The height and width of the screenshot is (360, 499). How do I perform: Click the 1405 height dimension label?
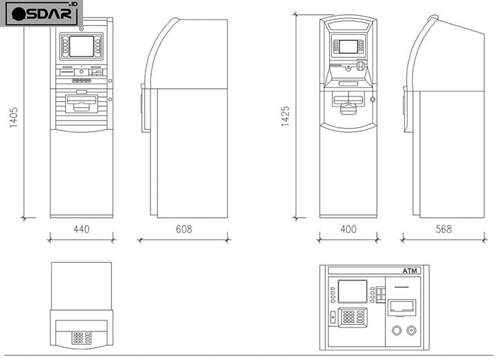[x=13, y=117]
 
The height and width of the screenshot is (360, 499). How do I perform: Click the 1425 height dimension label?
[x=285, y=117]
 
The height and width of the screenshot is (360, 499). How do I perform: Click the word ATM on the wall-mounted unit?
[x=410, y=271]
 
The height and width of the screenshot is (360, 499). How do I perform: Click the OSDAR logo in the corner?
[x=42, y=13]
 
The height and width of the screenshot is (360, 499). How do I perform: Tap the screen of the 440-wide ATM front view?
[x=82, y=46]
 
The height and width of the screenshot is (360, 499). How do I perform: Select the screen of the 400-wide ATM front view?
[x=348, y=46]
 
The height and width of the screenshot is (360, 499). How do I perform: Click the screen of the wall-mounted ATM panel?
[x=352, y=291]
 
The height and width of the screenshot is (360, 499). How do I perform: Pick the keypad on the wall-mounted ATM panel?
[x=352, y=317]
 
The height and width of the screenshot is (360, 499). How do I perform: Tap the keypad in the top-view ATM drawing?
[x=82, y=338]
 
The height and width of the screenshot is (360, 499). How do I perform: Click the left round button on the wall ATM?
[x=396, y=330]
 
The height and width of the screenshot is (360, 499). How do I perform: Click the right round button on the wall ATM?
[x=412, y=330]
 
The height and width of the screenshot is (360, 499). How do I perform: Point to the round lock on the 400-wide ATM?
[x=373, y=99]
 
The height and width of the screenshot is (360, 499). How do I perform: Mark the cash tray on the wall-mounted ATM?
[x=401, y=308]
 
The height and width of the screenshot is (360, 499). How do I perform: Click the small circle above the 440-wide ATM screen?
[x=82, y=29]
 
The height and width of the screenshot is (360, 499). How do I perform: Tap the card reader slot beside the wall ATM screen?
[x=380, y=295]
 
